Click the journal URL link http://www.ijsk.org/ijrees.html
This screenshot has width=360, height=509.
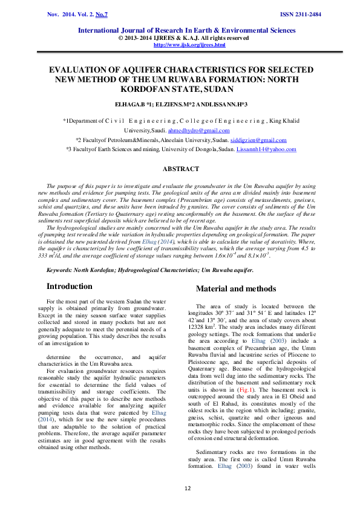189,45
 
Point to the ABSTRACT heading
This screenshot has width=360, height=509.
180,169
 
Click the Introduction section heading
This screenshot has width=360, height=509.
70,286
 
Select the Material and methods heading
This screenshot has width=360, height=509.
235,288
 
